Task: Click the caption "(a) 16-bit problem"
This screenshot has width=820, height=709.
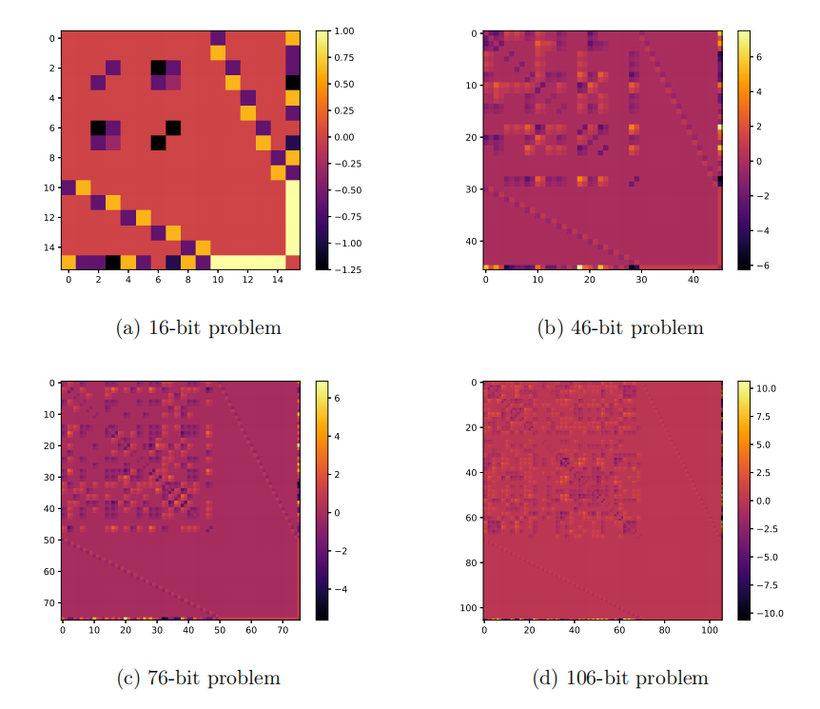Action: (198, 328)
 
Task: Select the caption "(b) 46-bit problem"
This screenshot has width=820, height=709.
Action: (620, 328)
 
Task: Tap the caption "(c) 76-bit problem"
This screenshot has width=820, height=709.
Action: (198, 678)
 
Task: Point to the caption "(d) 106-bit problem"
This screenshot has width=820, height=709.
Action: (620, 678)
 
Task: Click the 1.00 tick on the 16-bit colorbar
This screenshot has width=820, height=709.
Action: (344, 31)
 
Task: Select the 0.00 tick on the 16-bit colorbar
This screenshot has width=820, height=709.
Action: (344, 137)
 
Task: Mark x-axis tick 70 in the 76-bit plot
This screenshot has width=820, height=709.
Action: (283, 630)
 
